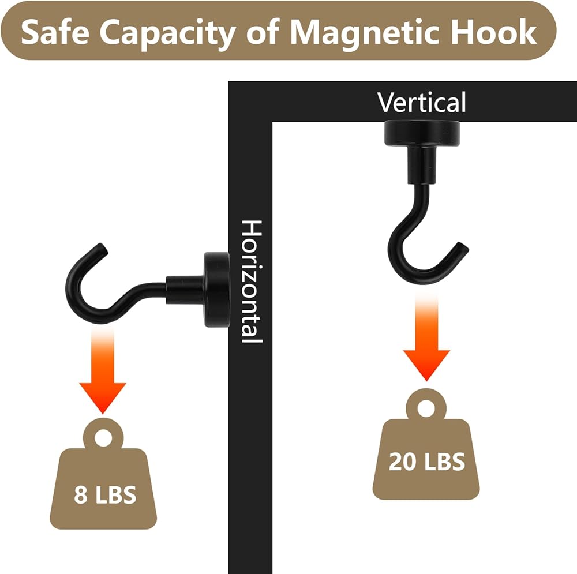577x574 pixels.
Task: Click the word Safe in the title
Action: click(55, 33)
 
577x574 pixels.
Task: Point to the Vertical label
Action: click(422, 103)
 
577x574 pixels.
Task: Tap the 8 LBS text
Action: click(105, 494)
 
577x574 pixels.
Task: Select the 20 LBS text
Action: click(426, 462)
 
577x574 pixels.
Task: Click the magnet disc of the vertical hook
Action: click(422, 132)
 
